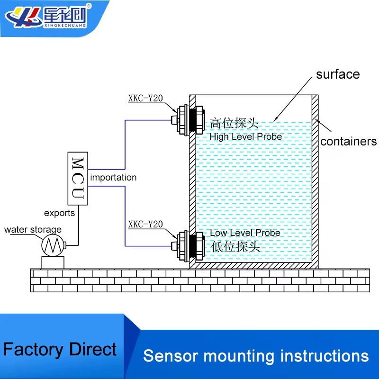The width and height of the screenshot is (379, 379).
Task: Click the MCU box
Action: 78,178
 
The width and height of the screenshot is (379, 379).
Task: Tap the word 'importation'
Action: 113,178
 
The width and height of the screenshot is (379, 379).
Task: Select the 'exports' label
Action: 59,213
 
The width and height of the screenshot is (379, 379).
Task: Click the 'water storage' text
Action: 33,230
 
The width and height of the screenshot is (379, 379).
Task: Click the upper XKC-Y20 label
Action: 145,99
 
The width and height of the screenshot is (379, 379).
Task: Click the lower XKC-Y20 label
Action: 145,224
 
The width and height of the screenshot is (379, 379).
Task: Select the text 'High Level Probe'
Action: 246,137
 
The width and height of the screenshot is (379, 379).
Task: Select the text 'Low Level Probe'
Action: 245,233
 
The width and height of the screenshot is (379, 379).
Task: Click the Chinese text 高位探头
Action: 234,124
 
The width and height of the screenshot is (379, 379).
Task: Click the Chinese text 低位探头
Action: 235,246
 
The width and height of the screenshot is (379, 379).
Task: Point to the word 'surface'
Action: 338,74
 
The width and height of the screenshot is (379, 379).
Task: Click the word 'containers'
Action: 348,141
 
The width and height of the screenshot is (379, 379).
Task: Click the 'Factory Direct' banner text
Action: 60,350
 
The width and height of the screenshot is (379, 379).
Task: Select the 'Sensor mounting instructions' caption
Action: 256,356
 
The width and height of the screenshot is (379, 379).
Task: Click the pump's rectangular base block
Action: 52,262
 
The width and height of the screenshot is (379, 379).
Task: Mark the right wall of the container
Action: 315,180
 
